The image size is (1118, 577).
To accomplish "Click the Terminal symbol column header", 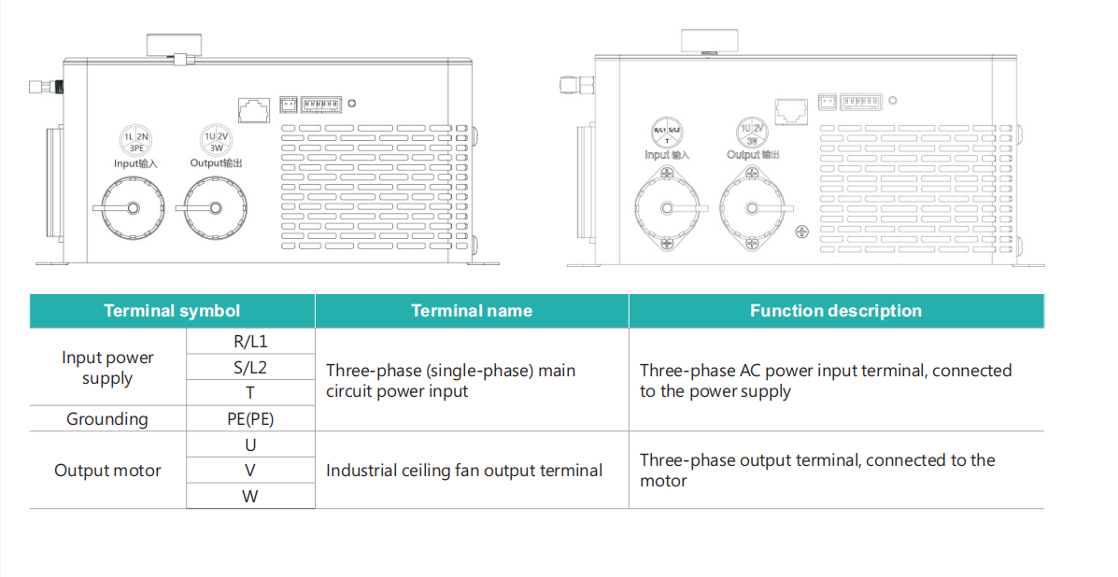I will (172, 311).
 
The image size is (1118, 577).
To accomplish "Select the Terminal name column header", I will (472, 311).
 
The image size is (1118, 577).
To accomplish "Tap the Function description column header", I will (836, 311).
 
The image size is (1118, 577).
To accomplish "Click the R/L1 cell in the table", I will (250, 342).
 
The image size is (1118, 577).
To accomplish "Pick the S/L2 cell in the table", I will (250, 367).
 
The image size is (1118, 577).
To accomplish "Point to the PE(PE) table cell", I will (250, 419).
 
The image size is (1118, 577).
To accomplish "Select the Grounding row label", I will (107, 419).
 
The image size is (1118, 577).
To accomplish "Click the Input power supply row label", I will (107, 368).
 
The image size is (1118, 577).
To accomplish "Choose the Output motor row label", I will (107, 471).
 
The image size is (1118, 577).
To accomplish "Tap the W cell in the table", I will (250, 496).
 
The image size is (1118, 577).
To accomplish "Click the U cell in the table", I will (250, 445).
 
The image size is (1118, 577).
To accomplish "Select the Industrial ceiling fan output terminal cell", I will (464, 471).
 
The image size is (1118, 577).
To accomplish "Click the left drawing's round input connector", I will (133, 208).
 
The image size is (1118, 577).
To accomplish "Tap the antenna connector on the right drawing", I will (571, 86).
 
